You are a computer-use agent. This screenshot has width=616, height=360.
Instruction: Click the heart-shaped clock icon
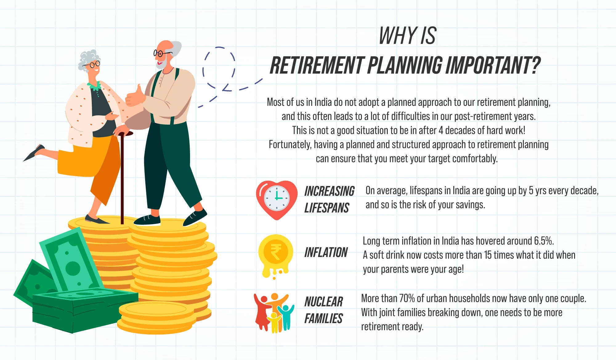pyautogui.click(x=277, y=200)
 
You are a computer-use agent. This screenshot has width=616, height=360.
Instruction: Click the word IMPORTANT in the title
pyautogui.click(x=493, y=65)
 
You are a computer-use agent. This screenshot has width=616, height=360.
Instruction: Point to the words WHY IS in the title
pyautogui.click(x=407, y=35)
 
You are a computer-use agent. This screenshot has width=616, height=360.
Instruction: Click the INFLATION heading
pyautogui.click(x=326, y=252)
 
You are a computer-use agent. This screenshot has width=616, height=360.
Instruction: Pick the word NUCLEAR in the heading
pyautogui.click(x=324, y=301)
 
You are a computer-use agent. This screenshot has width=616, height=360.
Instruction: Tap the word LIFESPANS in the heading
pyautogui.click(x=327, y=208)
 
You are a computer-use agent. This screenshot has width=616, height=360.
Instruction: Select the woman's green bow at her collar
pyautogui.click(x=95, y=86)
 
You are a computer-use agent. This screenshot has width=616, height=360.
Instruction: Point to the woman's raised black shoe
pyautogui.click(x=34, y=152)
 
